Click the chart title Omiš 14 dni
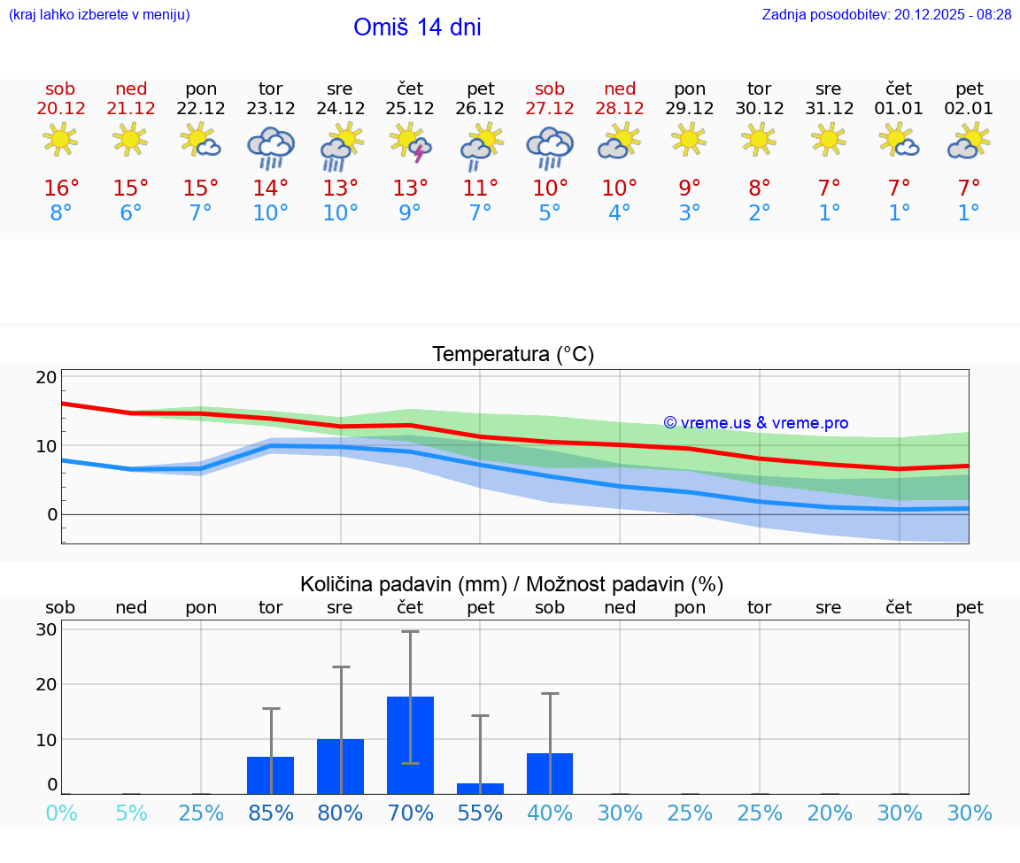point(417,27)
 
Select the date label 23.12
point(271,109)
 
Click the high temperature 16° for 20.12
point(61,189)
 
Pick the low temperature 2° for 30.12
point(759,213)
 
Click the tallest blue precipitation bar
point(410,744)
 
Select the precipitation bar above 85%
point(270,774)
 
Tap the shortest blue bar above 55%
point(480,788)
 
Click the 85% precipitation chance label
point(271,813)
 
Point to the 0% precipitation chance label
point(61,813)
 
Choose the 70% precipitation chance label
point(411,813)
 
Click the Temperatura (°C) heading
point(513,355)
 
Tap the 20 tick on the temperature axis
point(46,377)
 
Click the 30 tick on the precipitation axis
point(46,630)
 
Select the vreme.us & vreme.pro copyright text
point(756,423)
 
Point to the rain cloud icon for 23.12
point(271,147)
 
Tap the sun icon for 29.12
point(690,139)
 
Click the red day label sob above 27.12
point(550,89)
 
